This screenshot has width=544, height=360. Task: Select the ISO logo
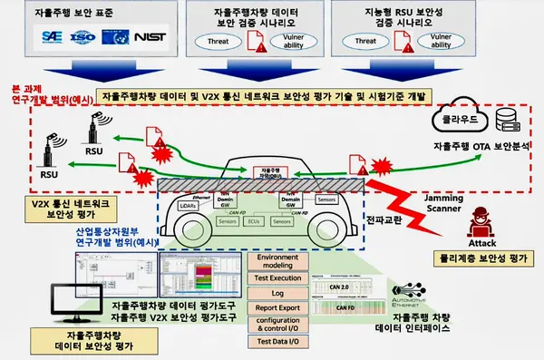[83, 38]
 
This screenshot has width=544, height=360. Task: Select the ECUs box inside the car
[253, 220]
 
